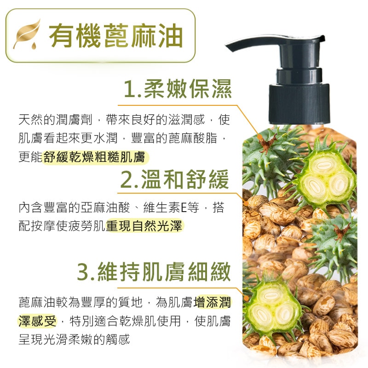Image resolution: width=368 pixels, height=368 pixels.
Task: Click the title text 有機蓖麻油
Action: pyautogui.click(x=116, y=36)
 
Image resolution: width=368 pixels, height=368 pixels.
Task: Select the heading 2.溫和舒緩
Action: pyautogui.click(x=175, y=179)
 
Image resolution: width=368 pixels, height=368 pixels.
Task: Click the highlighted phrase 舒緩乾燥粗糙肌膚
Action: pyautogui.click(x=95, y=157)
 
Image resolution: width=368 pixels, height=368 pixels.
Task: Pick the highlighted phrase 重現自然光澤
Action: pyautogui.click(x=144, y=226)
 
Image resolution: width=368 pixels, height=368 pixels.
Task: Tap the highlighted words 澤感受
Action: pyautogui.click(x=37, y=321)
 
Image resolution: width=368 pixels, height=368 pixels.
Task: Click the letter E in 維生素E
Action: pyautogui.click(x=184, y=207)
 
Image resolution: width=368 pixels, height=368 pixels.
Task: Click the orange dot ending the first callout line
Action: pyautogui.click(x=259, y=136)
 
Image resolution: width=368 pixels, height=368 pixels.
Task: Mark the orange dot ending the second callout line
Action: pyautogui.click(x=246, y=203)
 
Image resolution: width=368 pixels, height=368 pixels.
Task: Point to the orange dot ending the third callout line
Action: pyautogui.click(x=247, y=298)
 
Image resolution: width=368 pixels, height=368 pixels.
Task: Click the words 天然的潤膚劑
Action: pyautogui.click(x=56, y=120)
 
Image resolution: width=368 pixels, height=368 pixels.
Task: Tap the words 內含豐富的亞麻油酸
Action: pyautogui.click(x=74, y=207)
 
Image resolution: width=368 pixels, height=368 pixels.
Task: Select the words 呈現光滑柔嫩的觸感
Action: pyautogui.click(x=74, y=339)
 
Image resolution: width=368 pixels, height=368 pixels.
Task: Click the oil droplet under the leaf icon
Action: pyautogui.click(x=34, y=46)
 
